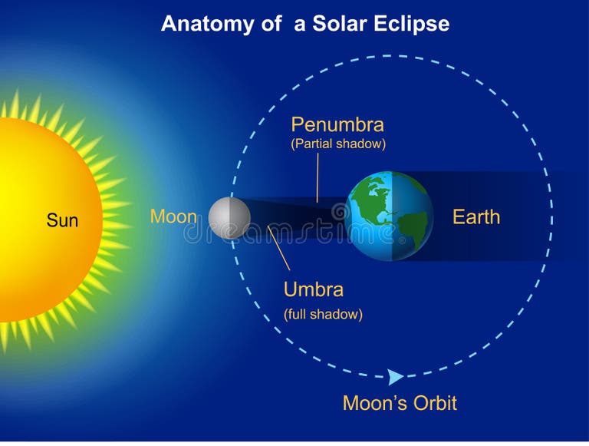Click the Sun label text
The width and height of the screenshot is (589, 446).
(62, 221)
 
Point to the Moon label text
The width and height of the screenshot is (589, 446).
(173, 216)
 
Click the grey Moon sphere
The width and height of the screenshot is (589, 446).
(229, 218)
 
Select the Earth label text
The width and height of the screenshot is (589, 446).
(475, 217)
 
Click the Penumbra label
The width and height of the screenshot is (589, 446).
(337, 124)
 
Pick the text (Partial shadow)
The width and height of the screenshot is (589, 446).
(338, 144)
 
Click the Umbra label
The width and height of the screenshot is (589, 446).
(314, 289)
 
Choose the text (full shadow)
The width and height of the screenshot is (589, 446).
(323, 314)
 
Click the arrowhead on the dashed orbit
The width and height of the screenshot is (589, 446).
(396, 377)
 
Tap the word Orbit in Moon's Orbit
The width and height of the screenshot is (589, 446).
(433, 403)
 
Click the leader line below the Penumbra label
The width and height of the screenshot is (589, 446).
(318, 177)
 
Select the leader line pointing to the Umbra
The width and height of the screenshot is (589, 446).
(279, 249)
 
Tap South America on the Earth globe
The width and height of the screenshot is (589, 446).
(410, 227)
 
